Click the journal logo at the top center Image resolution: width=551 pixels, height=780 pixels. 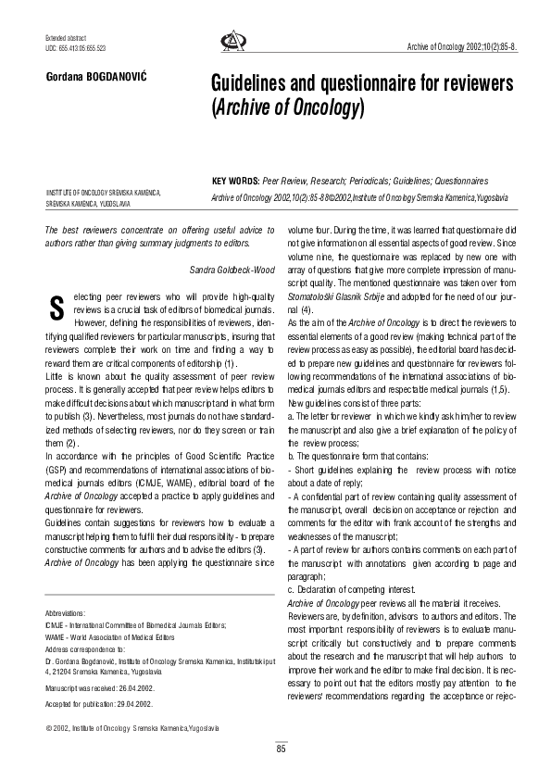coord(230,42)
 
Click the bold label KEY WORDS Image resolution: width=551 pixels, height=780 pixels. coord(235,182)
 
